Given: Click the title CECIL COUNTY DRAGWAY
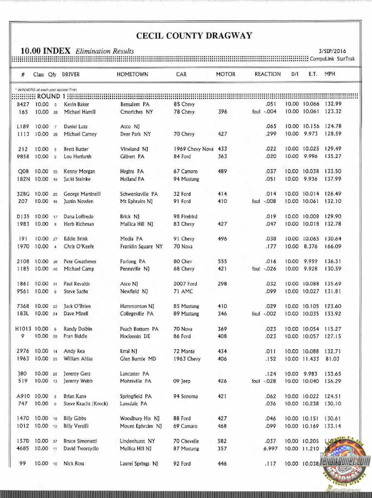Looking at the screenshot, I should [194, 36].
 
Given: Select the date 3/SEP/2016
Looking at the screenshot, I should [333, 51].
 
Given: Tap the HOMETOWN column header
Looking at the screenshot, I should [132, 74].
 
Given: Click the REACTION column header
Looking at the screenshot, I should [268, 74].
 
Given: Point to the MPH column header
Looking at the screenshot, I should [330, 74].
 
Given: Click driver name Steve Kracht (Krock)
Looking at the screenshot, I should [86, 404].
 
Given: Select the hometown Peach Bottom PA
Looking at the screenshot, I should [139, 329].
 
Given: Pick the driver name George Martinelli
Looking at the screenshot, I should [83, 194].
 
